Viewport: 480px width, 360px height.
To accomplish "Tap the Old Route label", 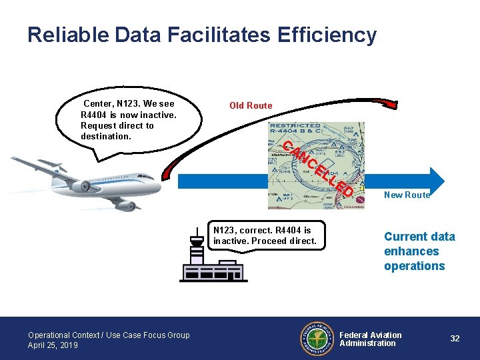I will (x=251, y=105).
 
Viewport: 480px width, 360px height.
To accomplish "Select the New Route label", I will (x=407, y=195).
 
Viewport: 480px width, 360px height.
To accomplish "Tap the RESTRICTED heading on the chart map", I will (x=295, y=126).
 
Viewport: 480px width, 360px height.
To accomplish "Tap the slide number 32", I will (x=455, y=339).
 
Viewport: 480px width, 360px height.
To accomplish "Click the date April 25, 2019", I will (x=53, y=345).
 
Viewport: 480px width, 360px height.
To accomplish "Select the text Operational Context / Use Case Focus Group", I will (x=109, y=335).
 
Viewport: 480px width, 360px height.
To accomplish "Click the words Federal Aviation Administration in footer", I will (x=371, y=339).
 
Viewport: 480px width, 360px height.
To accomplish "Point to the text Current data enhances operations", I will (x=419, y=251).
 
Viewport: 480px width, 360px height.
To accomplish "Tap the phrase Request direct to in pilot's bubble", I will (x=117, y=125).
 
